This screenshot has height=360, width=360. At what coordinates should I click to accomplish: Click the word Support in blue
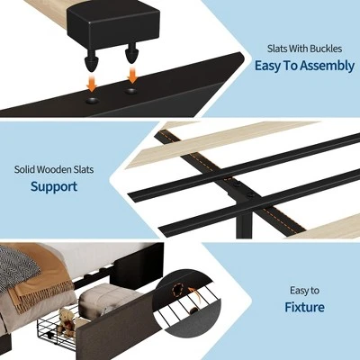[54, 187]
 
